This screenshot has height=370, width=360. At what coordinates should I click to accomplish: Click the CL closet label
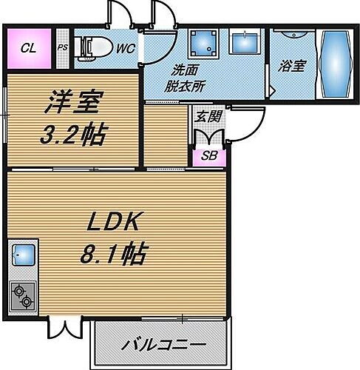28,50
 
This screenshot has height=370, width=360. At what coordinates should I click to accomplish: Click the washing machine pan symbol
201,44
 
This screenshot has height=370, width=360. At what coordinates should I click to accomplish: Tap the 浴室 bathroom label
292,65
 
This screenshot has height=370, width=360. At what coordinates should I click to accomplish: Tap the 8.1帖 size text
113,255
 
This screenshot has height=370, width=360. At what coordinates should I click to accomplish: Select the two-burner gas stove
21,296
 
